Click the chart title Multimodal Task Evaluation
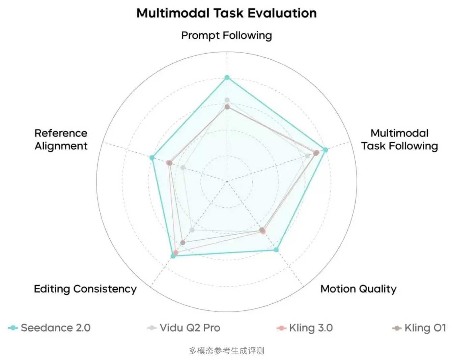226,13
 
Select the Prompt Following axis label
226,35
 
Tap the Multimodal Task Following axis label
399,140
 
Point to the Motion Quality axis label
358,289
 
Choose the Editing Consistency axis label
85,289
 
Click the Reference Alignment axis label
61,140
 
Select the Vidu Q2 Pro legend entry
184,328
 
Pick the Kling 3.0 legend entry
305,328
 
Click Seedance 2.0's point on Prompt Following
227,78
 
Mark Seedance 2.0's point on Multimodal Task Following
325,150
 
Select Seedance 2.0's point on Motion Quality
276,250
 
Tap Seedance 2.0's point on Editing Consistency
173,256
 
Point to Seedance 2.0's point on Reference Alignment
152,157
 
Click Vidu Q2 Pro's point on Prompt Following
227,100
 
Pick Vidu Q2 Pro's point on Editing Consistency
192,230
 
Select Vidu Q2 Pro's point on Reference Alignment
183,167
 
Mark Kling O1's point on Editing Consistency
183,242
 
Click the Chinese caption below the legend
226,351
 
